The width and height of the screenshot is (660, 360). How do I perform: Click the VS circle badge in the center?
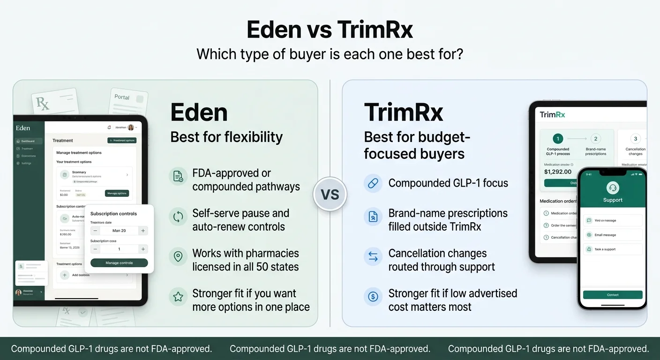[330, 194]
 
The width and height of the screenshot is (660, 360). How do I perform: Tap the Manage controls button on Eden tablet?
[119, 263]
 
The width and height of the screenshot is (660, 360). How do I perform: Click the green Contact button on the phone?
[613, 295]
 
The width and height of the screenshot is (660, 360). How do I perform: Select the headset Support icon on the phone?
[613, 188]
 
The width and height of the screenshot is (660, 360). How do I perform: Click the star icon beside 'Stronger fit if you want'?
[178, 297]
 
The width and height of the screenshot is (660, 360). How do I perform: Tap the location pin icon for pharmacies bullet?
[178, 256]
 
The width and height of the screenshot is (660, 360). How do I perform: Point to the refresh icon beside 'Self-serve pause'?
[178, 217]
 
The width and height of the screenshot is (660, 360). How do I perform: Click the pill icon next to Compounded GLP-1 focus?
[373, 183]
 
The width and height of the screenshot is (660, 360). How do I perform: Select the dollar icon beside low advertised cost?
[373, 297]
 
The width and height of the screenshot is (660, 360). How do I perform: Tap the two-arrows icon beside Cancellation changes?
[373, 256]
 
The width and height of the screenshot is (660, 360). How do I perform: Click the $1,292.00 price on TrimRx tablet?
[558, 172]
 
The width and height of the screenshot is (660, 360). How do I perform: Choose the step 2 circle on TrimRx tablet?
[595, 139]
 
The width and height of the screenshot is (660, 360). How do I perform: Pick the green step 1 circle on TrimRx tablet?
[558, 139]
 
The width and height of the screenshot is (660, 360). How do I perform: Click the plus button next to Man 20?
[143, 231]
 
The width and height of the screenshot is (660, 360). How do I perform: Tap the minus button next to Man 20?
[95, 231]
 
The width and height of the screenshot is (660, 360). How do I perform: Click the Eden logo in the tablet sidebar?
[23, 128]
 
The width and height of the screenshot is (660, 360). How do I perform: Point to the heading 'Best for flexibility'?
[226, 137]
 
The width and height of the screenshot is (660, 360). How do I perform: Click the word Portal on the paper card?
[122, 97]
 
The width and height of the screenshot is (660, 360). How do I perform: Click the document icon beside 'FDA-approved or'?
[178, 176]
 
